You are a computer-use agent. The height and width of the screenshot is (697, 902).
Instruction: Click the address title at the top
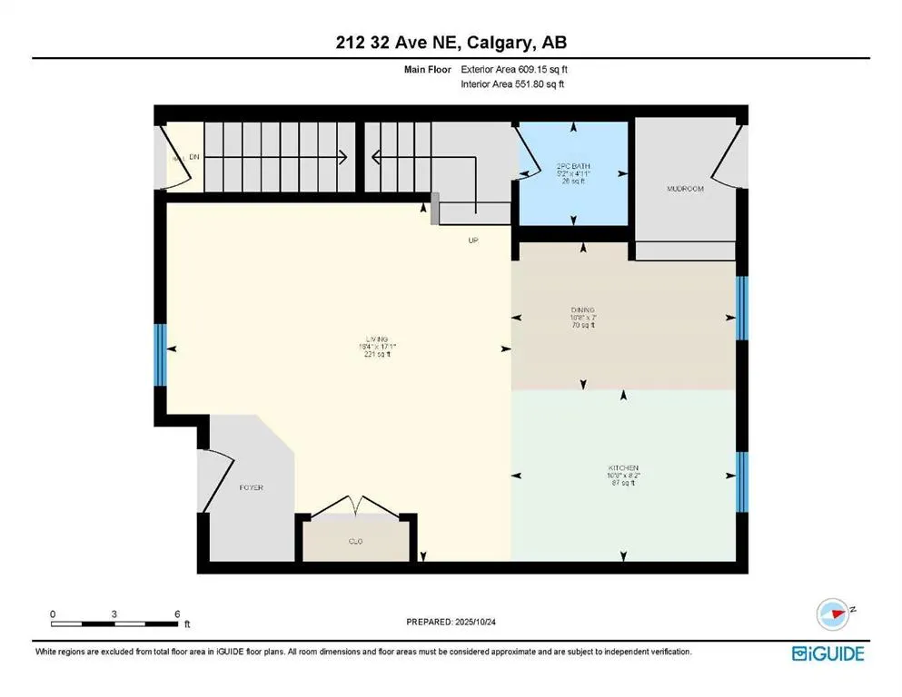coord(451,43)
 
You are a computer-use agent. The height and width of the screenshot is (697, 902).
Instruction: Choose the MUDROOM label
coord(685,189)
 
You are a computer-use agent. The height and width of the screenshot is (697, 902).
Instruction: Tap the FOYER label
coord(251,487)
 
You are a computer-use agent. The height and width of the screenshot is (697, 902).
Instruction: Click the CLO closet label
coord(355,541)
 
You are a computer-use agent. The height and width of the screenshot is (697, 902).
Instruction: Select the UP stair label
coord(472,241)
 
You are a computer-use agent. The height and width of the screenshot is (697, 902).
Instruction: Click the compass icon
coord(833,614)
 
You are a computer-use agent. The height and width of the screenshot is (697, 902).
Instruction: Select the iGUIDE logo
coord(828,653)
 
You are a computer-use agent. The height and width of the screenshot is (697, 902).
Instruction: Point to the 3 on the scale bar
coord(114,614)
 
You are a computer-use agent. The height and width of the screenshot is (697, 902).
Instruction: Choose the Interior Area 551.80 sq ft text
coord(513,84)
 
